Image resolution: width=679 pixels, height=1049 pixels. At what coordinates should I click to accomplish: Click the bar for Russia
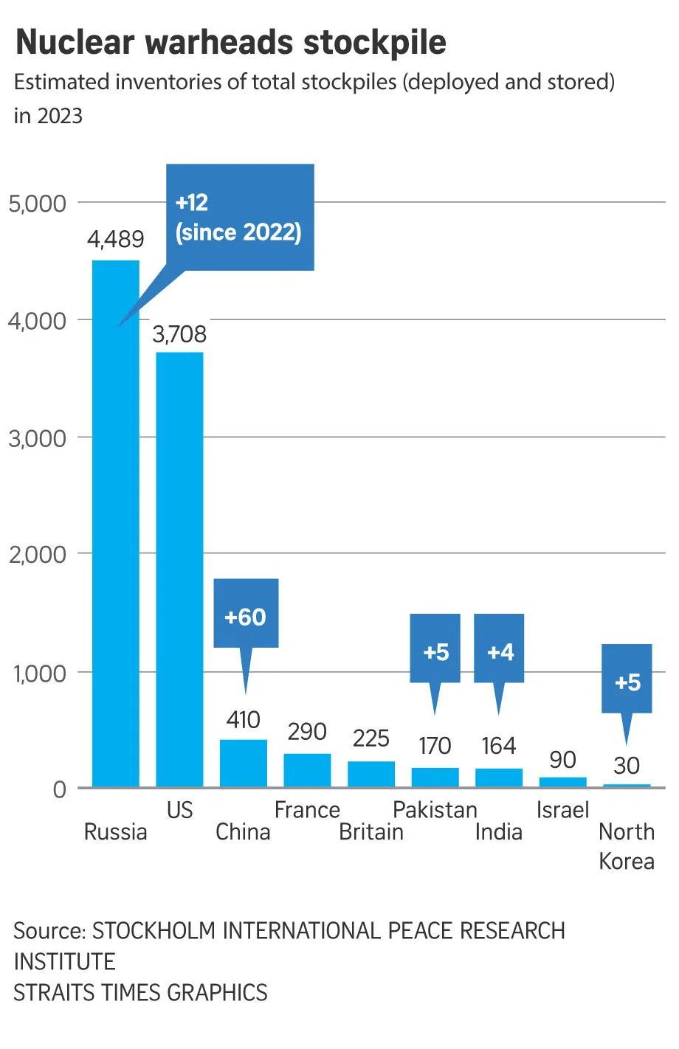[x=115, y=524]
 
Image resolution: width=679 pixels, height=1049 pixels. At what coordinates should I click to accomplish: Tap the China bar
[x=244, y=763]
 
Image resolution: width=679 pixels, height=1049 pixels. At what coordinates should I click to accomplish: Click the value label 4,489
[x=116, y=239]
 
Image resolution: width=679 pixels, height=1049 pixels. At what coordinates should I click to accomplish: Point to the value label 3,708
[x=179, y=334]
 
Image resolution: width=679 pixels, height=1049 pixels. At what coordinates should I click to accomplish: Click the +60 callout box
[x=246, y=614]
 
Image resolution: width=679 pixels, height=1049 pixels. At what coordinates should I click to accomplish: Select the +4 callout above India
[x=499, y=649]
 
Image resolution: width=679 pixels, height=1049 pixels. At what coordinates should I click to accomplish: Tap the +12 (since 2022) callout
[x=240, y=217]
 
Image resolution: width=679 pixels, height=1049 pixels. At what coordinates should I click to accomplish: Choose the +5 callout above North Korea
[x=627, y=679]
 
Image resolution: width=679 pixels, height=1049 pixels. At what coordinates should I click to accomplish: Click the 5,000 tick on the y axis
[x=37, y=203]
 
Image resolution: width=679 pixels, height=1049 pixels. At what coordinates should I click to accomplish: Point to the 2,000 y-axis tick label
[x=37, y=554]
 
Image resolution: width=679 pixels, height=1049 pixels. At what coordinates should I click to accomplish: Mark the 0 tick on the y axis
[x=60, y=789]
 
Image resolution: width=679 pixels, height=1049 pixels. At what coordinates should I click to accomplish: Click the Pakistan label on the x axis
[x=435, y=810]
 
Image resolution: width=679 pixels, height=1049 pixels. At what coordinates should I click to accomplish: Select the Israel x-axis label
[x=562, y=810]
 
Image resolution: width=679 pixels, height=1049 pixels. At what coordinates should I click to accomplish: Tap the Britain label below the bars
[x=371, y=832]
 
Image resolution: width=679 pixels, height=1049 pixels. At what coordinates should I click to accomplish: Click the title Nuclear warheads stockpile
[x=231, y=42]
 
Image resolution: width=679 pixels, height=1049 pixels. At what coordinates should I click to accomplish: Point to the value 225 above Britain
[x=370, y=738]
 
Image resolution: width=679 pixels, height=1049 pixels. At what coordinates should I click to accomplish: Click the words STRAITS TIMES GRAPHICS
[x=140, y=992]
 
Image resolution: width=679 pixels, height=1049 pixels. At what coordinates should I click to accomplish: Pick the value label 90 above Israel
[x=562, y=759]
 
